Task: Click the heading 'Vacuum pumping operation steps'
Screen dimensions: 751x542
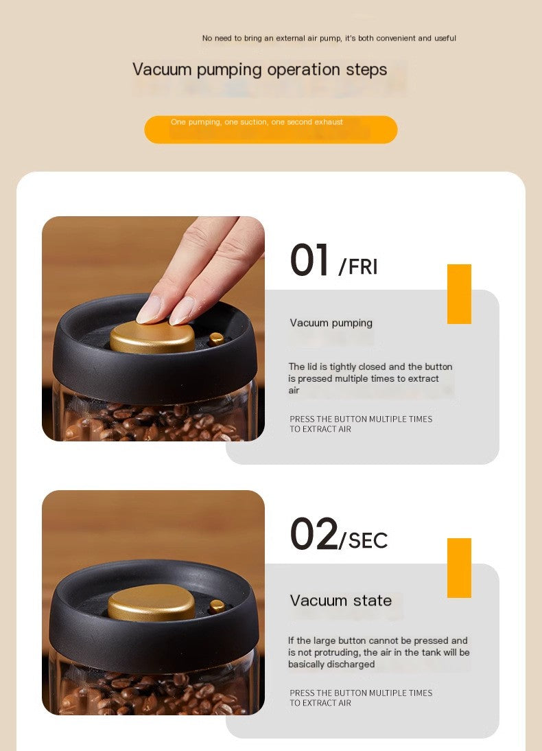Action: click(x=259, y=69)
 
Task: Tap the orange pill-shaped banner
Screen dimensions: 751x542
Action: click(x=270, y=130)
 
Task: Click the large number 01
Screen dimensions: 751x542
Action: click(x=310, y=261)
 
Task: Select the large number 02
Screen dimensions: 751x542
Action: click(x=314, y=534)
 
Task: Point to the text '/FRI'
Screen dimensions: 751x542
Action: click(x=358, y=266)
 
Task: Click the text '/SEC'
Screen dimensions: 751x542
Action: click(x=364, y=540)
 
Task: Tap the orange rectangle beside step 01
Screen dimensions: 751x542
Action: click(x=459, y=294)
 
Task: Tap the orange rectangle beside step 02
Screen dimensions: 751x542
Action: click(x=459, y=568)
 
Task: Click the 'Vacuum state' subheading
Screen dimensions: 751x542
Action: click(x=341, y=601)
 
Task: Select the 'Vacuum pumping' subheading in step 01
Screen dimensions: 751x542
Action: click(x=331, y=323)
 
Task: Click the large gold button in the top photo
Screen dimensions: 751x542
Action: click(x=152, y=336)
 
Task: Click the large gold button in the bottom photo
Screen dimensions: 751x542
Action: click(x=151, y=602)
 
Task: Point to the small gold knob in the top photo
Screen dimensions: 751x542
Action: click(x=216, y=338)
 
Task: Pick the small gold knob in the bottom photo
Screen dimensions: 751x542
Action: click(x=217, y=605)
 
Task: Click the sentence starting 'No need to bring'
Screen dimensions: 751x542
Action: click(x=329, y=38)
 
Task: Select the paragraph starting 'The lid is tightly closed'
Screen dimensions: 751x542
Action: click(x=370, y=378)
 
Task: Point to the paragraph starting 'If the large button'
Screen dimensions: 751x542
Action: click(x=378, y=652)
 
